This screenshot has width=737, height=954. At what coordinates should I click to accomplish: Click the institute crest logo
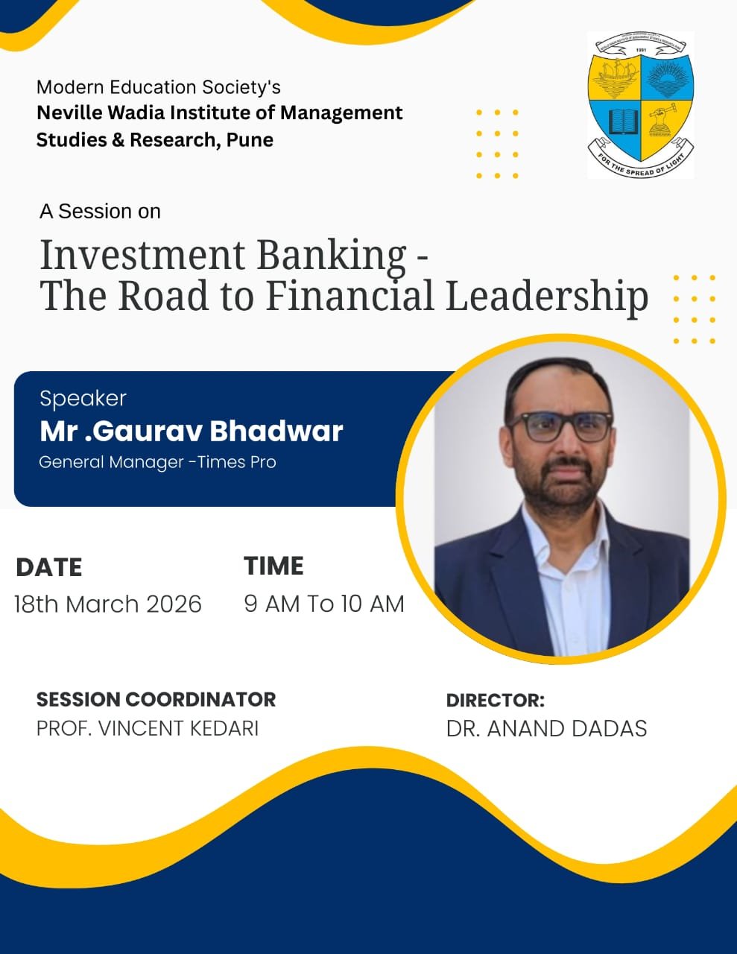click(x=641, y=104)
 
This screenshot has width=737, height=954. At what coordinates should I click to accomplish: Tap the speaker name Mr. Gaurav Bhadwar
click(x=191, y=431)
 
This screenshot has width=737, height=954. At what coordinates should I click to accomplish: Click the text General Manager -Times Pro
click(x=157, y=462)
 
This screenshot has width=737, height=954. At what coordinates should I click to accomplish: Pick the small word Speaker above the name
click(x=83, y=399)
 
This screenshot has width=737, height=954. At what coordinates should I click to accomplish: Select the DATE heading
click(x=48, y=566)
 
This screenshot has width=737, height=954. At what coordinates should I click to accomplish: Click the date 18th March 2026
click(x=108, y=604)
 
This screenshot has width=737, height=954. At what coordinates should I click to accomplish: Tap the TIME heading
click(x=273, y=566)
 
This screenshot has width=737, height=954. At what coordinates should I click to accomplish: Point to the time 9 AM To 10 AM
click(x=324, y=604)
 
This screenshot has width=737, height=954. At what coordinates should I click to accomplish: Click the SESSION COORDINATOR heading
click(x=156, y=699)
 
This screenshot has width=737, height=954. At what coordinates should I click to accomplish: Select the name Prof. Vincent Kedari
click(x=148, y=728)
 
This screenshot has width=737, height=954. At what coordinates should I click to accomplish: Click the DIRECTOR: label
click(x=495, y=701)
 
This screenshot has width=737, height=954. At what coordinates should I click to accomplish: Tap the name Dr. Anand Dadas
click(x=546, y=729)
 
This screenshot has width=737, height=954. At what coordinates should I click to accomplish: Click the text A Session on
click(x=100, y=212)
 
